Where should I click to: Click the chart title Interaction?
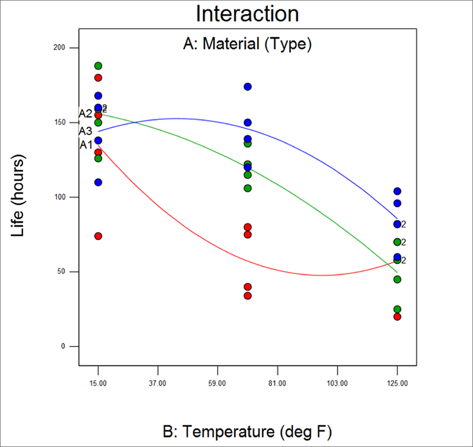click(247, 13)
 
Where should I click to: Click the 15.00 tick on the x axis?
click(98, 383)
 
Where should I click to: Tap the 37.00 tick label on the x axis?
click(158, 383)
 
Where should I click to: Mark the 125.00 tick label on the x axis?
click(397, 383)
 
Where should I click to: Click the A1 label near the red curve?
click(86, 144)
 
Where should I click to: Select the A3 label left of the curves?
click(85, 131)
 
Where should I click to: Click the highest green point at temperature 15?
click(98, 66)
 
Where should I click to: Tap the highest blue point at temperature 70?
click(248, 87)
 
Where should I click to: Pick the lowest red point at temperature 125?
click(397, 316)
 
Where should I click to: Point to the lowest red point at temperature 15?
click(98, 236)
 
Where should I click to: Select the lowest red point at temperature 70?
click(248, 296)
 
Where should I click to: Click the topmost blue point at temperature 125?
click(397, 191)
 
